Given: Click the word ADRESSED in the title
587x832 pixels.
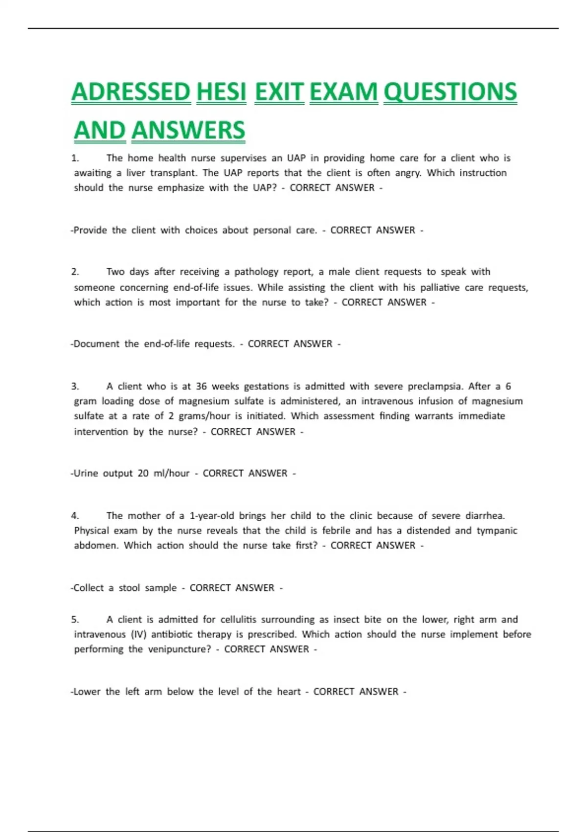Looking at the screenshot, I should pyautogui.click(x=131, y=92).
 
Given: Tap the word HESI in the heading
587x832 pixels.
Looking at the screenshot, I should pyautogui.click(x=221, y=92).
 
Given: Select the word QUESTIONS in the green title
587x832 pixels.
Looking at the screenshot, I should pyautogui.click(x=450, y=92).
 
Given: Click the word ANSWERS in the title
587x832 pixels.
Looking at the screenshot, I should pyautogui.click(x=188, y=130).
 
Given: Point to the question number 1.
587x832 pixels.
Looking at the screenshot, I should pyautogui.click(x=75, y=158).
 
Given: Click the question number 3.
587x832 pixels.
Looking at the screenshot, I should pyautogui.click(x=75, y=386).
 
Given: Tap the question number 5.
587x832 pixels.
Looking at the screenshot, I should pyautogui.click(x=75, y=620).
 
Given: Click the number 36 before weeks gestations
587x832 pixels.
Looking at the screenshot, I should pyautogui.click(x=201, y=386).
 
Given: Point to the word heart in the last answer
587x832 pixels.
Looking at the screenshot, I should pyautogui.click(x=289, y=692).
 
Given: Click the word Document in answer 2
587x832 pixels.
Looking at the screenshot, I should pyautogui.click(x=96, y=344).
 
